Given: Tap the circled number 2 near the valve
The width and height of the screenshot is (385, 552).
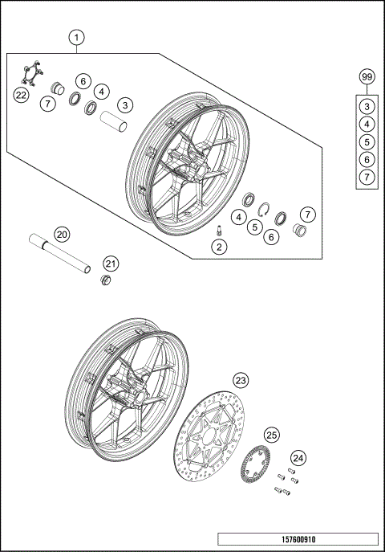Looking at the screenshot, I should click(x=216, y=247).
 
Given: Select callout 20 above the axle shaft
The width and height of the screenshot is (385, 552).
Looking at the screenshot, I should click(x=62, y=235).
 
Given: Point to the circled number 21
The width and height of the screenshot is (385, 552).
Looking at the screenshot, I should click(x=111, y=264).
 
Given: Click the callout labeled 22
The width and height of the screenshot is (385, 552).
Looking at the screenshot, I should click(x=22, y=95).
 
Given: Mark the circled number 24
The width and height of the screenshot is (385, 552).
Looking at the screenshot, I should click(x=298, y=458).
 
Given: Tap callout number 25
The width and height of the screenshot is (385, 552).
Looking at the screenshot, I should click(x=271, y=435).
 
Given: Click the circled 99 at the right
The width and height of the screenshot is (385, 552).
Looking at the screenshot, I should click(x=367, y=77).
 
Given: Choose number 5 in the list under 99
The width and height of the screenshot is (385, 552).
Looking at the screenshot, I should click(x=367, y=141).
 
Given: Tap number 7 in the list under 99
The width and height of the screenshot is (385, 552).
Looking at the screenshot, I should click(x=367, y=175).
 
